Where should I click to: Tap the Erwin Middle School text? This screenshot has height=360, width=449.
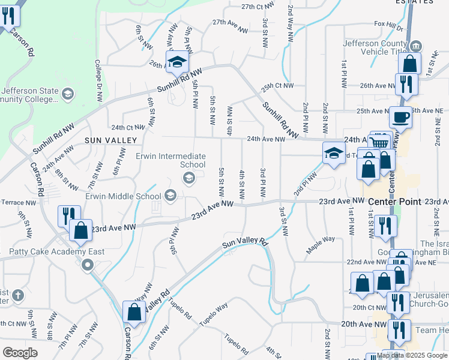tap(123, 196)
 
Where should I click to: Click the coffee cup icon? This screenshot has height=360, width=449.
tap(400, 116)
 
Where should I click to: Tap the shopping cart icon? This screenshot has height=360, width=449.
tap(379, 142)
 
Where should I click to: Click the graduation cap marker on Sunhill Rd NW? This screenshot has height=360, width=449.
tap(178, 62)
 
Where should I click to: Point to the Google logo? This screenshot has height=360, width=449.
tap(20, 352)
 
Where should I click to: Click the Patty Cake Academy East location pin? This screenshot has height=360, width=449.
tap(88, 265)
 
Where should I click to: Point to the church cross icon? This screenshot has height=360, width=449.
tap(18, 295)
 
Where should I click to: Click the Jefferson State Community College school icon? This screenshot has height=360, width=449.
tap(68, 94)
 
